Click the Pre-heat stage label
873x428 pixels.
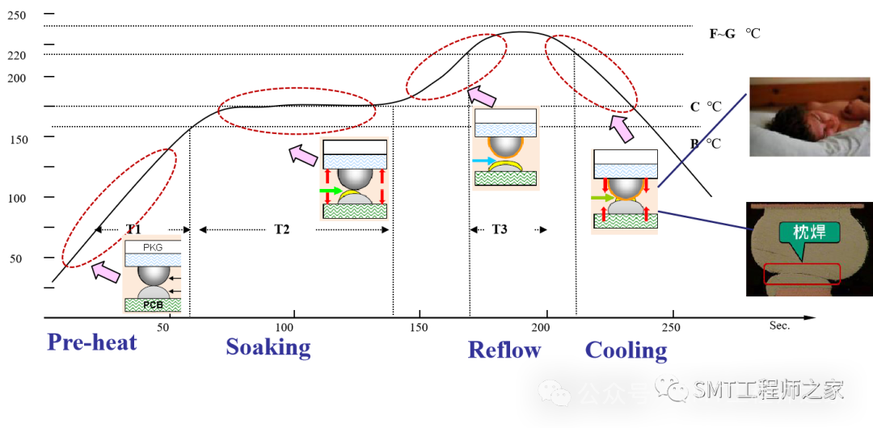click(x=92, y=342)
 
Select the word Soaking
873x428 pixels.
click(x=268, y=346)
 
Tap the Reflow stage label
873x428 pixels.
click(x=504, y=350)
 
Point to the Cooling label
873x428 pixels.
click(x=626, y=350)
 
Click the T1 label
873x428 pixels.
click(x=133, y=229)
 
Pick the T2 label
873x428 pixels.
click(x=281, y=229)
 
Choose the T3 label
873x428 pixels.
click(x=500, y=229)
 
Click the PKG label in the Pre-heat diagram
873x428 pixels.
click(x=153, y=247)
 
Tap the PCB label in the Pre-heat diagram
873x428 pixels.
click(x=153, y=305)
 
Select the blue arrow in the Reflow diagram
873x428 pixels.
click(x=483, y=162)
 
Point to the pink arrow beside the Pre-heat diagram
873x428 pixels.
click(x=106, y=272)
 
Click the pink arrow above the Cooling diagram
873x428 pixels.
click(x=621, y=128)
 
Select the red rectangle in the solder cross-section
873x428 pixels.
click(x=802, y=274)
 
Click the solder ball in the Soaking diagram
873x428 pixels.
click(x=354, y=178)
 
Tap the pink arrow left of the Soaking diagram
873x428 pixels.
click(x=303, y=154)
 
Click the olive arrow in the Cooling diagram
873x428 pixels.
click(x=602, y=197)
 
